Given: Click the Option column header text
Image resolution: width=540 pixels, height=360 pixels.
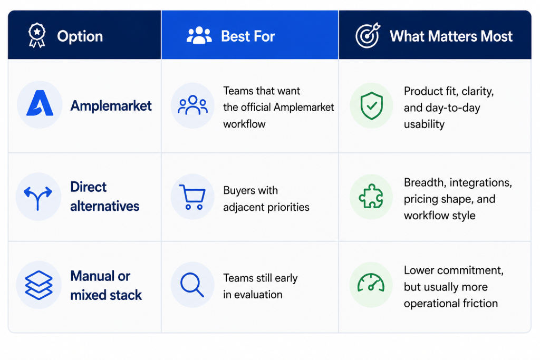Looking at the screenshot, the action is tap(80, 36).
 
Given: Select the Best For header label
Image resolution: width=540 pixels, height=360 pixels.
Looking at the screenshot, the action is tap(248, 36).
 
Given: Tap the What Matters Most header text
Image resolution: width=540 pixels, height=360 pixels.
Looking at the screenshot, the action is tap(451, 36).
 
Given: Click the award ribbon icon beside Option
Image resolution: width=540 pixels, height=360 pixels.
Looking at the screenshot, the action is tap(37, 35).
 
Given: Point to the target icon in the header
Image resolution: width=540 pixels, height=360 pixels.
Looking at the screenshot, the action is tap(368, 35).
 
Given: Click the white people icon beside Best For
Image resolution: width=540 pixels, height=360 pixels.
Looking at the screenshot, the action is tap(199, 35).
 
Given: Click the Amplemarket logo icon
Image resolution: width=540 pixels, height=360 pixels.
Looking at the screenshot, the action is tap(40, 103).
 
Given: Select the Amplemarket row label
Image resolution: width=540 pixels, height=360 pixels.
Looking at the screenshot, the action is tap(111, 105).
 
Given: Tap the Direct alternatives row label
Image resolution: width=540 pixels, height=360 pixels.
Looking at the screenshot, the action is tap(105, 197).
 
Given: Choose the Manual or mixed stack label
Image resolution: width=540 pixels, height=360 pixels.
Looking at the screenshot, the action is tap(106, 285).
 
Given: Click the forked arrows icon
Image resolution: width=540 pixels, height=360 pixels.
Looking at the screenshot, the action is tap(38, 198).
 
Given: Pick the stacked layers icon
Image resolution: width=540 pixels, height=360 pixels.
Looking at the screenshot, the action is tap(39, 285).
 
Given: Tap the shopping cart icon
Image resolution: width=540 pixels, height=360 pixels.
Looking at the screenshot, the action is tap(192, 197).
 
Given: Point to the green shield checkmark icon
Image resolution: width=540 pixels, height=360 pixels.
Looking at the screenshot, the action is tap(372, 105).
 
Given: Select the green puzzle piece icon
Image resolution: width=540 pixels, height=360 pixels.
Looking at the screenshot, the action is tap(371, 196).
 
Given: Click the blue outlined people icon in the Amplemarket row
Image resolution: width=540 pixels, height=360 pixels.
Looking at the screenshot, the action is tap(193, 105).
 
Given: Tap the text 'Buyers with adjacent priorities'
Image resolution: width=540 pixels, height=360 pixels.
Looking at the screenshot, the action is tap(266, 199).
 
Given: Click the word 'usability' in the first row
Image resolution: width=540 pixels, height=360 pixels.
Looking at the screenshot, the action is tap(424, 124).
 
